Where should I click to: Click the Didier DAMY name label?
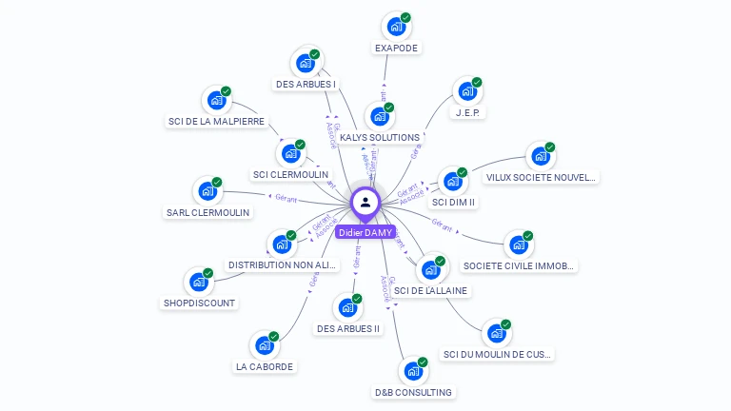(x=365, y=232)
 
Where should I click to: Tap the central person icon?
(x=365, y=202)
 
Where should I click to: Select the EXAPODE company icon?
(x=395, y=27)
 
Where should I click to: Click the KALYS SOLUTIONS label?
(x=379, y=138)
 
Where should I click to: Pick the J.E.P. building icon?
(x=466, y=92)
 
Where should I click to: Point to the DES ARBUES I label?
(x=306, y=84)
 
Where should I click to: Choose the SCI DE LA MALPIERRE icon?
(x=216, y=100)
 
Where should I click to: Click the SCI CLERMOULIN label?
(x=290, y=174)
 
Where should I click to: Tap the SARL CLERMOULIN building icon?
(x=207, y=191)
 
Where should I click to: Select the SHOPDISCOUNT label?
(x=199, y=303)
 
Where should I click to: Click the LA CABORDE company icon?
(x=264, y=345)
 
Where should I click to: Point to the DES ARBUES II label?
(x=347, y=328)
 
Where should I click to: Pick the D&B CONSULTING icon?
(x=412, y=371)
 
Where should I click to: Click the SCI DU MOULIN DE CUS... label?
(x=497, y=354)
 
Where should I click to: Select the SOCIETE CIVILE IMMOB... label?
(x=518, y=265)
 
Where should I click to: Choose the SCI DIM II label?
(x=453, y=202)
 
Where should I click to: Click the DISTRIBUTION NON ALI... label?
(x=284, y=264)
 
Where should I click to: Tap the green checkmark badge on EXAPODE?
(x=405, y=17)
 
